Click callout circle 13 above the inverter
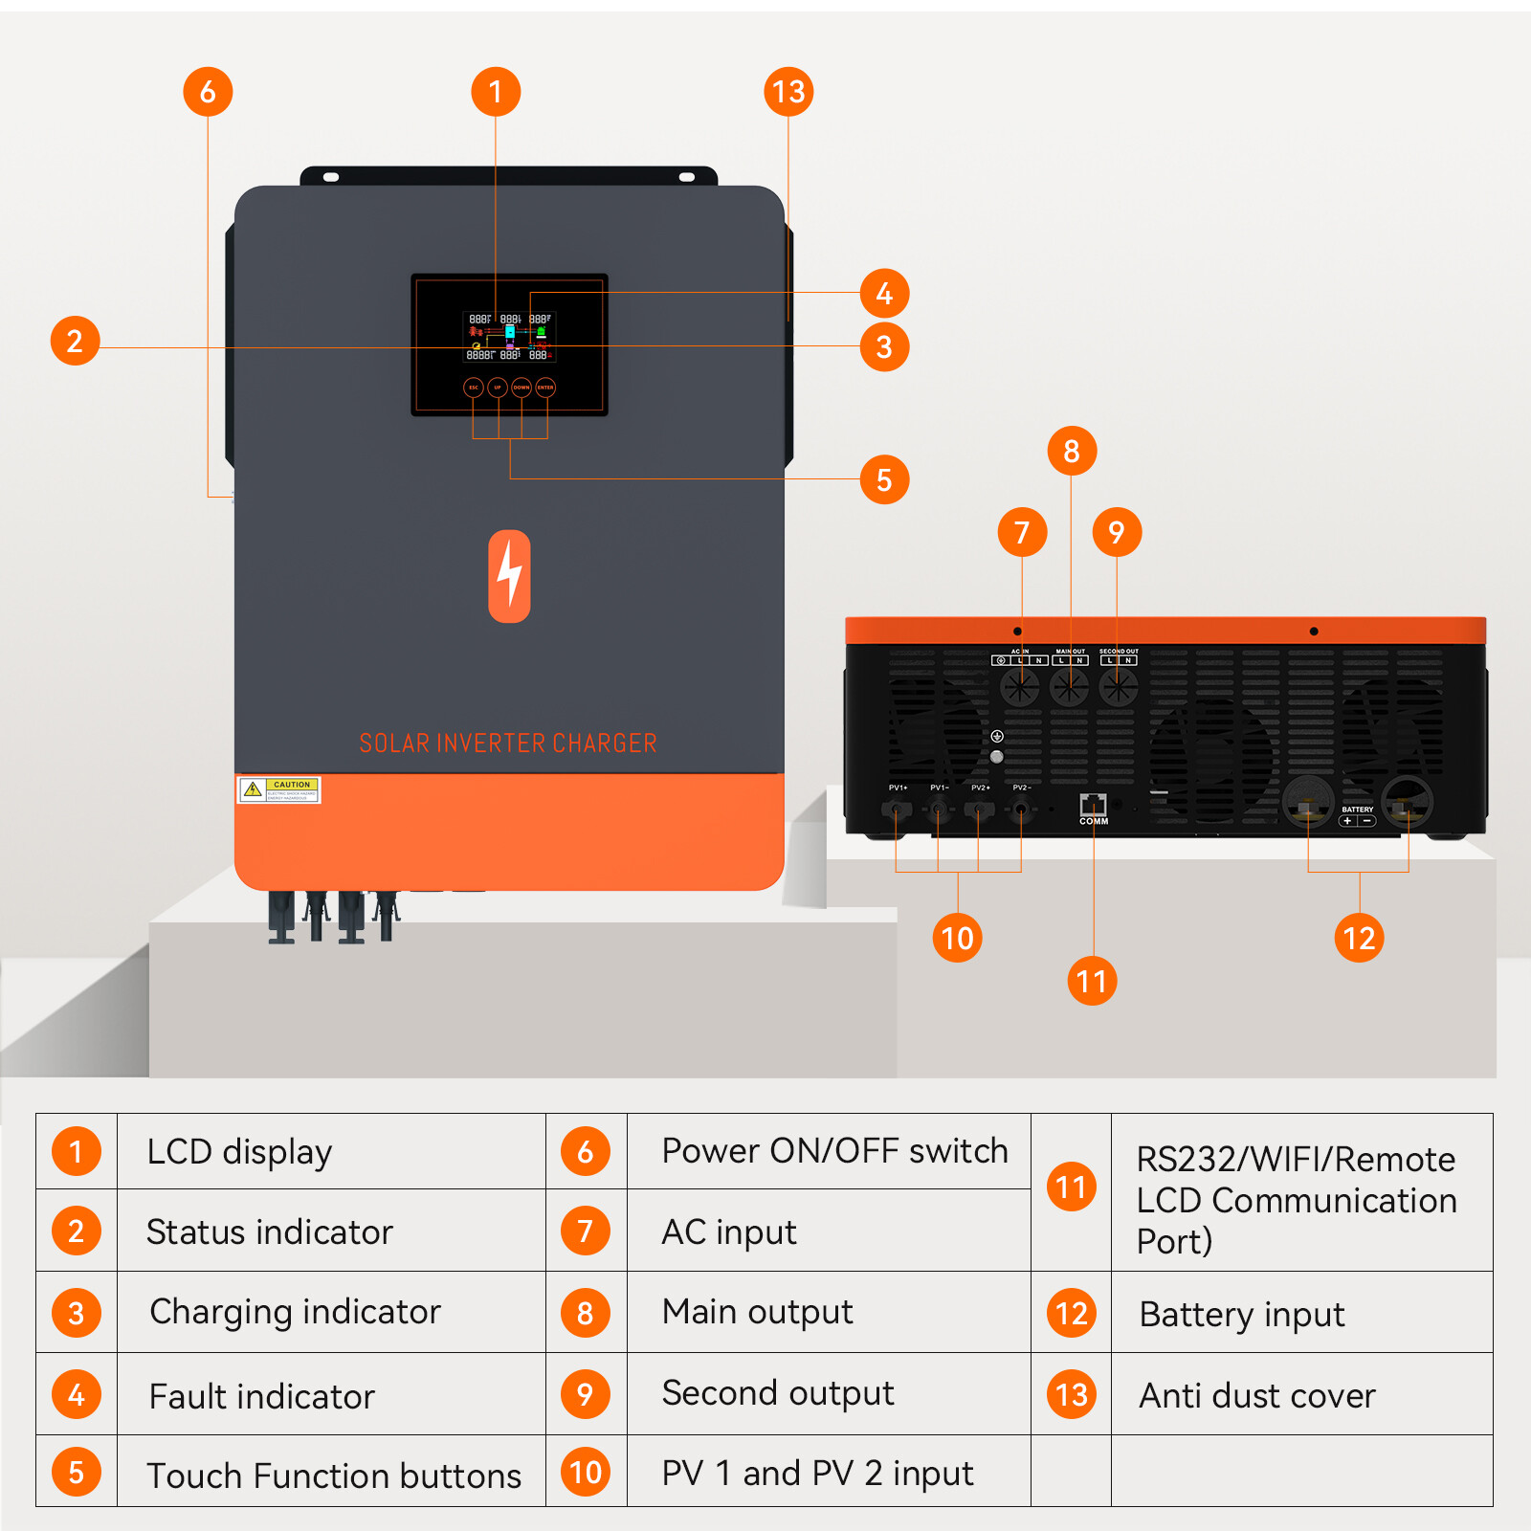click(788, 92)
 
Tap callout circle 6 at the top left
click(208, 92)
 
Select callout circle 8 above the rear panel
click(1072, 451)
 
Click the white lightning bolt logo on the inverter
click(509, 576)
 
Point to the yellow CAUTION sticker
click(278, 789)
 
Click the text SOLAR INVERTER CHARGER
click(508, 743)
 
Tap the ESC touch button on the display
click(473, 388)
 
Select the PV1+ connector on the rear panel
click(897, 810)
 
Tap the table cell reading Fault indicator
click(262, 1396)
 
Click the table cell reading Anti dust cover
click(1256, 1395)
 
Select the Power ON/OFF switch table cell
click(834, 1150)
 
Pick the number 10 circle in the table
click(586, 1472)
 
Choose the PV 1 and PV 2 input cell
click(817, 1473)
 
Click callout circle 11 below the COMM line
click(1092, 981)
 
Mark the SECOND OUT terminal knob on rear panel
click(1118, 686)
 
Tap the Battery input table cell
click(1241, 1314)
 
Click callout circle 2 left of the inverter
click(75, 341)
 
